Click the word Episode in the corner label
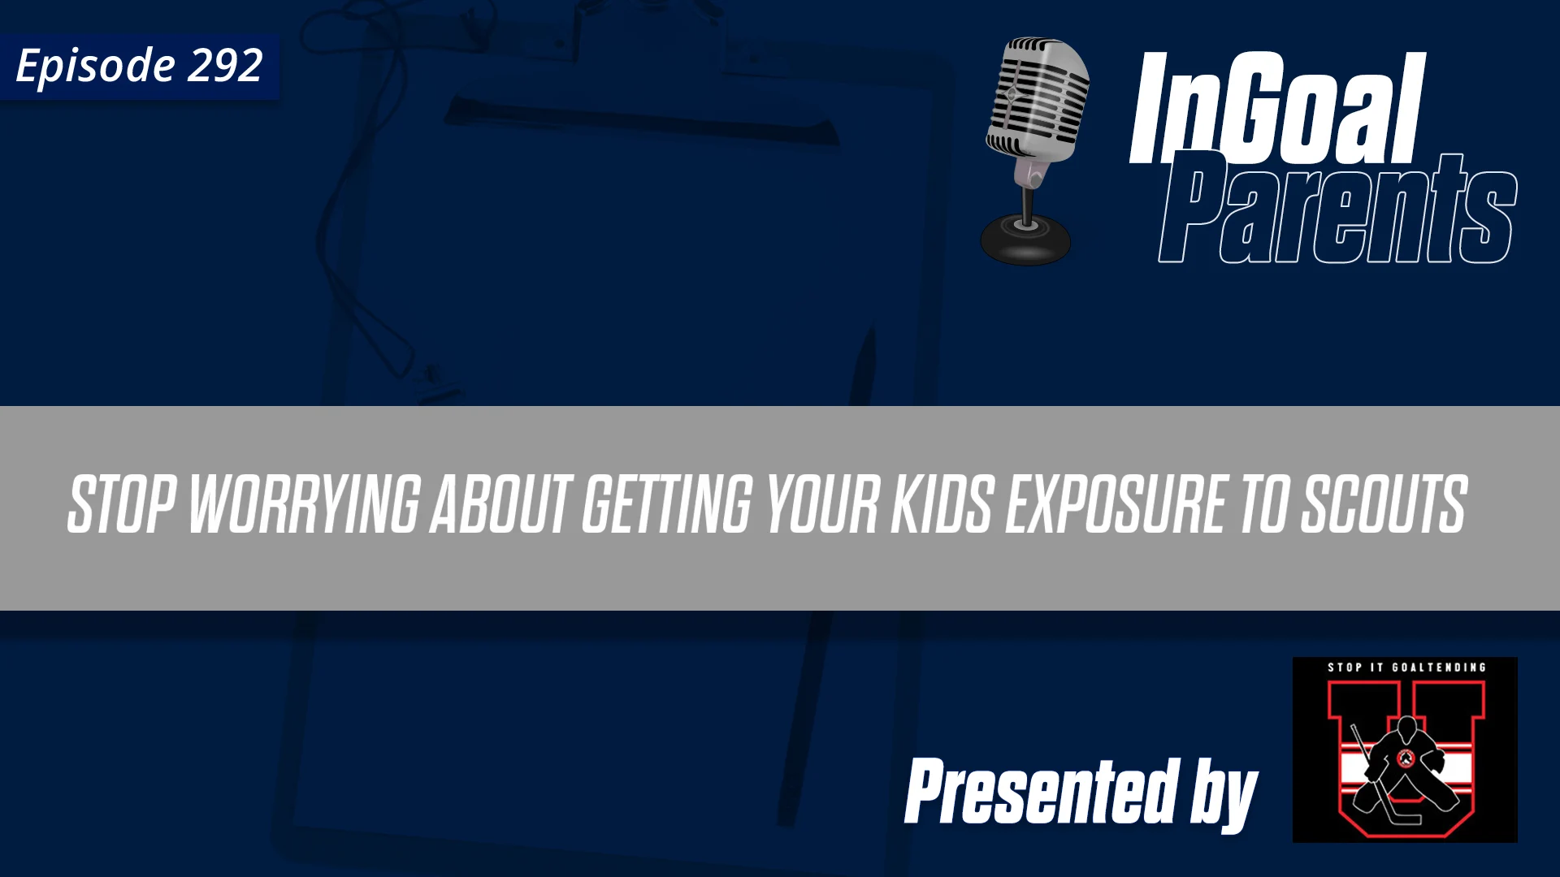[95, 66]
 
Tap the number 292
[225, 65]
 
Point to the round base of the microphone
[1025, 240]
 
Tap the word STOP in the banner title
[121, 505]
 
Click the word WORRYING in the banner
[305, 505]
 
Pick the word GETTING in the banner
[667, 505]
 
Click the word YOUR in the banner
[822, 505]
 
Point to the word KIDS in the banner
[942, 505]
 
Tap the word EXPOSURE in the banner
[1116, 505]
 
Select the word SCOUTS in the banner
[1384, 505]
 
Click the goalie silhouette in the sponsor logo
[1405, 767]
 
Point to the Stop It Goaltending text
[1406, 667]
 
